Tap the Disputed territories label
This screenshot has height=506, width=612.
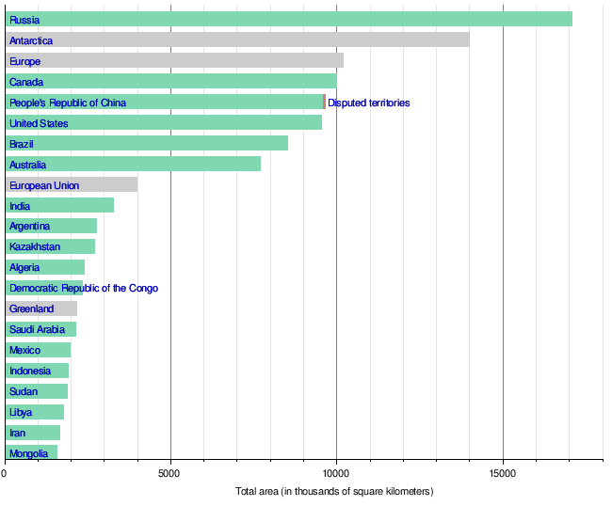click(x=369, y=103)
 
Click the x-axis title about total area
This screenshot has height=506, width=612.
click(x=334, y=492)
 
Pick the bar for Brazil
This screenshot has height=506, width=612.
click(x=147, y=143)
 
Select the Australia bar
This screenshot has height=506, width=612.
click(x=133, y=164)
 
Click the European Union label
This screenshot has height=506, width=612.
click(x=43, y=185)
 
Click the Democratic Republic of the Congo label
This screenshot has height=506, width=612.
click(x=84, y=288)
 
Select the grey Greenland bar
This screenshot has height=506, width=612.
click(x=41, y=308)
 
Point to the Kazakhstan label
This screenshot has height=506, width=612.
click(x=35, y=246)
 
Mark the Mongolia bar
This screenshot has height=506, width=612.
click(x=31, y=452)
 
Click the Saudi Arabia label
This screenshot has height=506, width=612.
click(x=37, y=329)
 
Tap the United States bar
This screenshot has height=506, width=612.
click(x=164, y=122)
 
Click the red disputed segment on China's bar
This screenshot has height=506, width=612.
click(x=325, y=102)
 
